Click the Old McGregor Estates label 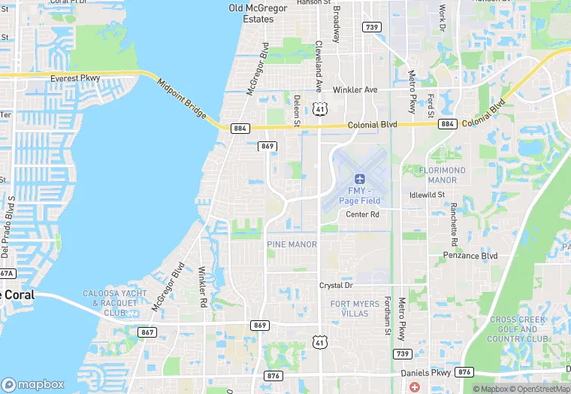click(251, 13)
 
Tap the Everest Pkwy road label click(76, 78)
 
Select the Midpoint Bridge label click(182, 95)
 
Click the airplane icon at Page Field click(358, 179)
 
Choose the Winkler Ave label click(355, 89)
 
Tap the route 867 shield click(147, 332)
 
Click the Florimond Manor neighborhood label click(447, 175)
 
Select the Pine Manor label click(292, 244)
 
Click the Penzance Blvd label click(470, 256)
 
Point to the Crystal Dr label click(336, 286)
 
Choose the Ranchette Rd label click(454, 223)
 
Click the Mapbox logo click(33, 384)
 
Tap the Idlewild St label click(427, 195)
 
